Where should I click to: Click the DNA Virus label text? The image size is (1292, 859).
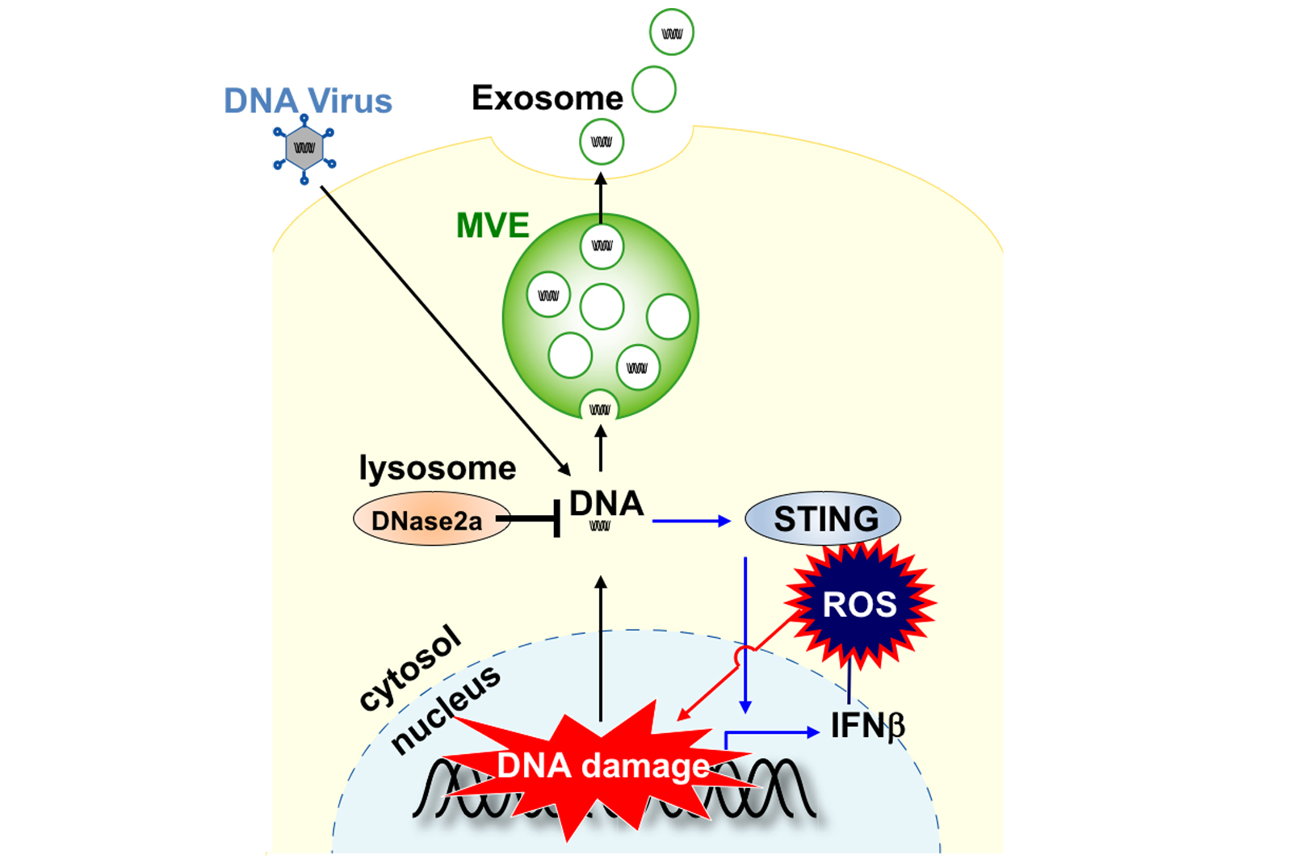(308, 101)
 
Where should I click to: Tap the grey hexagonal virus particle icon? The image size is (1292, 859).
(304, 149)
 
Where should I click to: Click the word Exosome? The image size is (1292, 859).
(547, 98)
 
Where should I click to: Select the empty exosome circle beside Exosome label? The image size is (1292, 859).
(653, 90)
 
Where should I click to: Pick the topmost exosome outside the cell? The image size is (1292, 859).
(671, 32)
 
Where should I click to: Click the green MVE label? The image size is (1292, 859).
(493, 225)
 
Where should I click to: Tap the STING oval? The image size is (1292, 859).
(822, 518)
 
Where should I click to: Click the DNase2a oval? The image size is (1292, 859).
(428, 521)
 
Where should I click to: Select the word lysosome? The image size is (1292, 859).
(437, 468)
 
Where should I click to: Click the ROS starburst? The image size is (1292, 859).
(859, 604)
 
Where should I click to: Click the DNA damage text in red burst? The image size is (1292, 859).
(602, 765)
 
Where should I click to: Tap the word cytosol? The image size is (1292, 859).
(410, 668)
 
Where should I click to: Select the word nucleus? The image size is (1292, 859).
(446, 710)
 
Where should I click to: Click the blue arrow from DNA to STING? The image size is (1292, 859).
(690, 522)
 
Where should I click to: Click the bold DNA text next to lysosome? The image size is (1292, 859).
(606, 504)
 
